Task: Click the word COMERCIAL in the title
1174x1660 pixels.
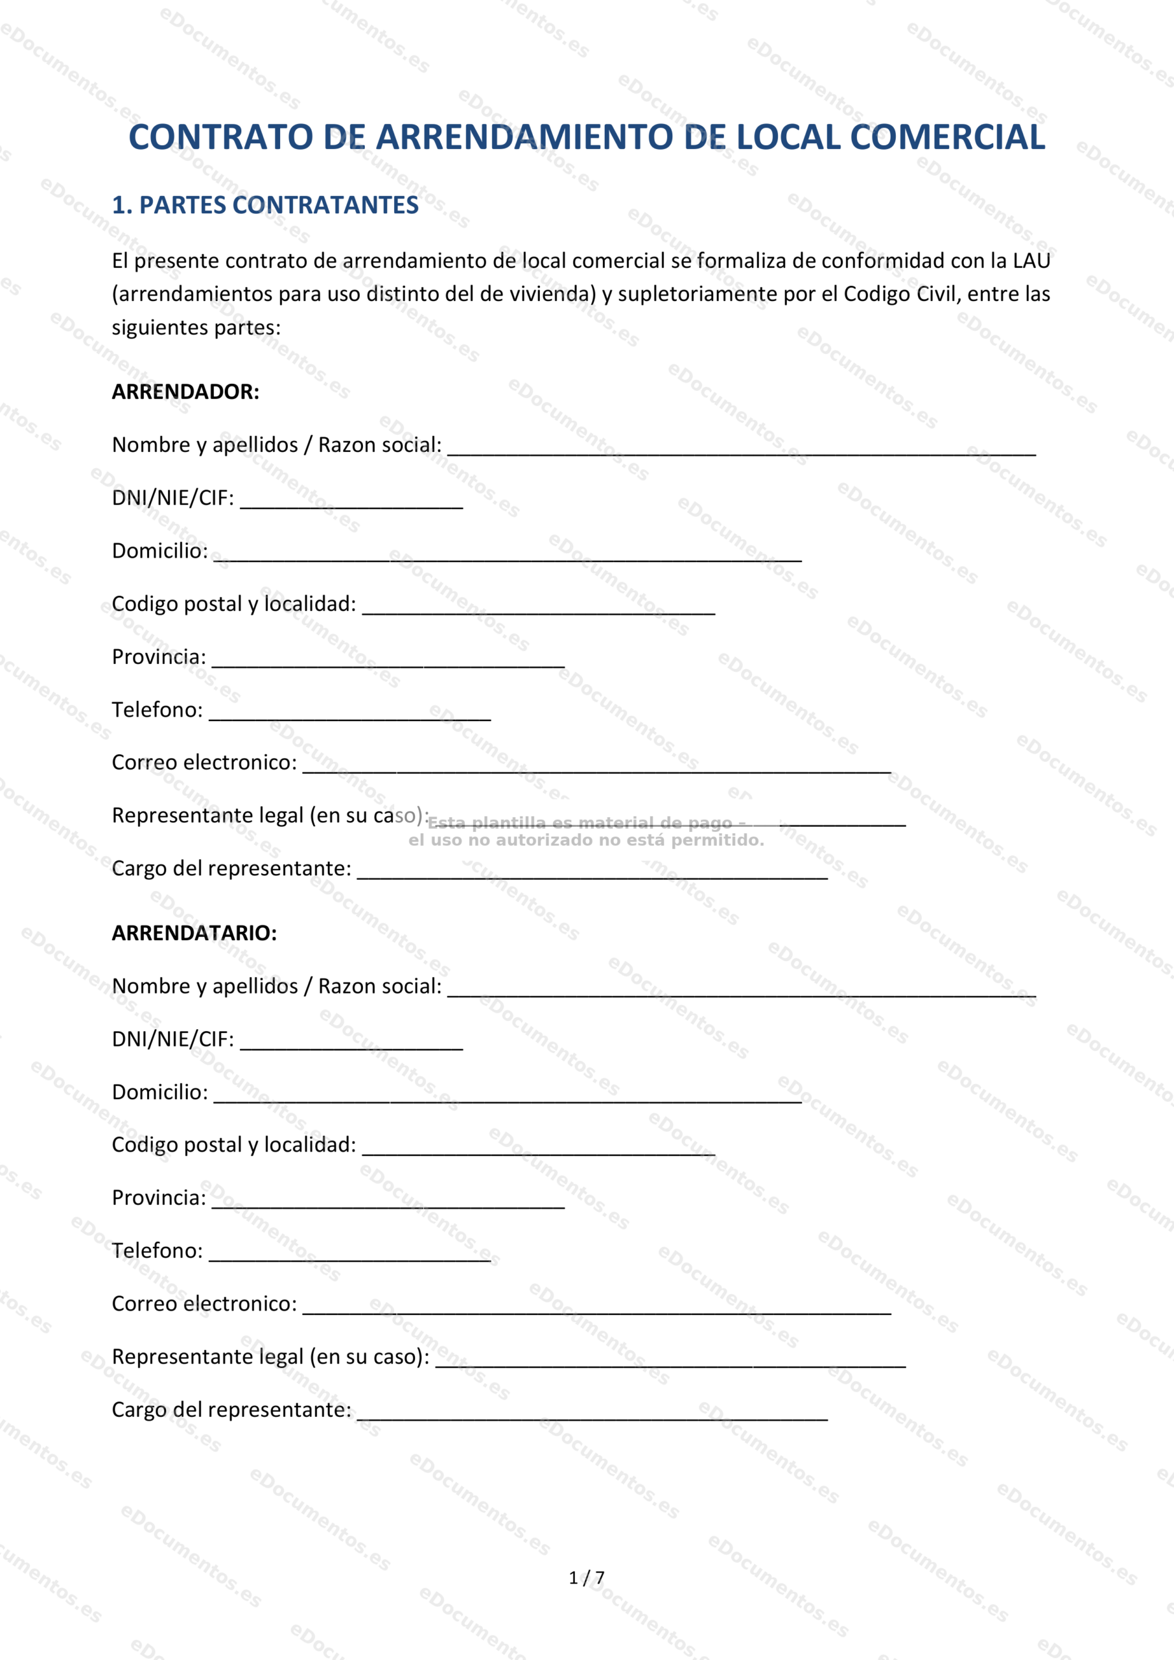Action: pos(947,137)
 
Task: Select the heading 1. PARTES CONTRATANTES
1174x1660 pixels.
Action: pos(264,206)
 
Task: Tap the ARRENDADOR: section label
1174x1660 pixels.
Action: pos(185,392)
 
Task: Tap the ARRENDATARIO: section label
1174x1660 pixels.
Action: pos(194,932)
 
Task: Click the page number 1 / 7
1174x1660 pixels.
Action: pos(586,1578)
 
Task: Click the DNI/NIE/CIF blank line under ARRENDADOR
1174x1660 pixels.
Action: pos(351,503)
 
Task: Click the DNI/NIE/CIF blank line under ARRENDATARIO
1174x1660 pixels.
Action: pos(351,1044)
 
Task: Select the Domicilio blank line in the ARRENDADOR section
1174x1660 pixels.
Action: pos(508,556)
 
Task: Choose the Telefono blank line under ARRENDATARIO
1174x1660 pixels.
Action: pos(350,1256)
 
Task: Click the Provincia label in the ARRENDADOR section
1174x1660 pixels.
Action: pos(158,658)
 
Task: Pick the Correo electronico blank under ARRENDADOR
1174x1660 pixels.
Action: pos(596,768)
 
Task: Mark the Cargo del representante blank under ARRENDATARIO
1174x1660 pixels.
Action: pos(592,1415)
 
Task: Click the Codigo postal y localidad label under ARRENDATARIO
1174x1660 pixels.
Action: pos(233,1145)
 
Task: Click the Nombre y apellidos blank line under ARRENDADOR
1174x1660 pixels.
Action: pos(741,451)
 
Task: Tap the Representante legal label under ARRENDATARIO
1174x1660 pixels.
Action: pos(270,1357)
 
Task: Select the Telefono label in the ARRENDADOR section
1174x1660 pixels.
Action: pos(157,710)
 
